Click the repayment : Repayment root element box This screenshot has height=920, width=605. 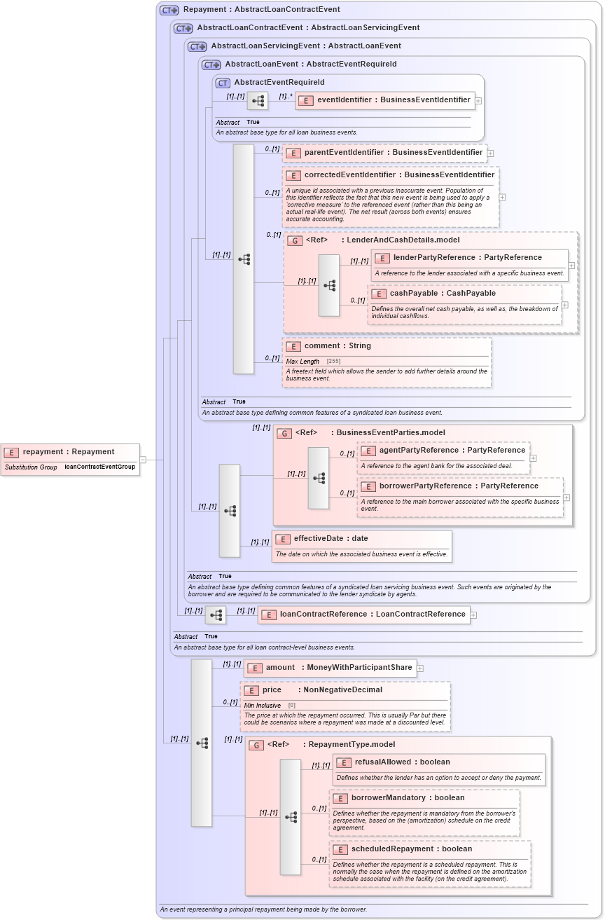(x=69, y=452)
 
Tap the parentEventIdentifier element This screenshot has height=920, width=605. (x=392, y=153)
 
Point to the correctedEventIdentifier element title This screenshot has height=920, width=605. (x=398, y=175)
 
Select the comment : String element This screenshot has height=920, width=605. (x=337, y=346)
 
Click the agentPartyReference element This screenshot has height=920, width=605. (x=452, y=451)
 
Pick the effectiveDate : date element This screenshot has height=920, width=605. (x=330, y=539)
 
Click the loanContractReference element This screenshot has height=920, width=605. (x=372, y=615)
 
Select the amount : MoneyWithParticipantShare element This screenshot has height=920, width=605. (x=338, y=668)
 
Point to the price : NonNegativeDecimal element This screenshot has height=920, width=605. (x=322, y=690)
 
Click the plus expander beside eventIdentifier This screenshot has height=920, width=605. (x=478, y=101)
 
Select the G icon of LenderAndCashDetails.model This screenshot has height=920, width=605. (x=295, y=240)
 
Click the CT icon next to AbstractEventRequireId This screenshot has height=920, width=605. (x=223, y=83)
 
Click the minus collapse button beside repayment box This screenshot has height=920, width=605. (x=143, y=460)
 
